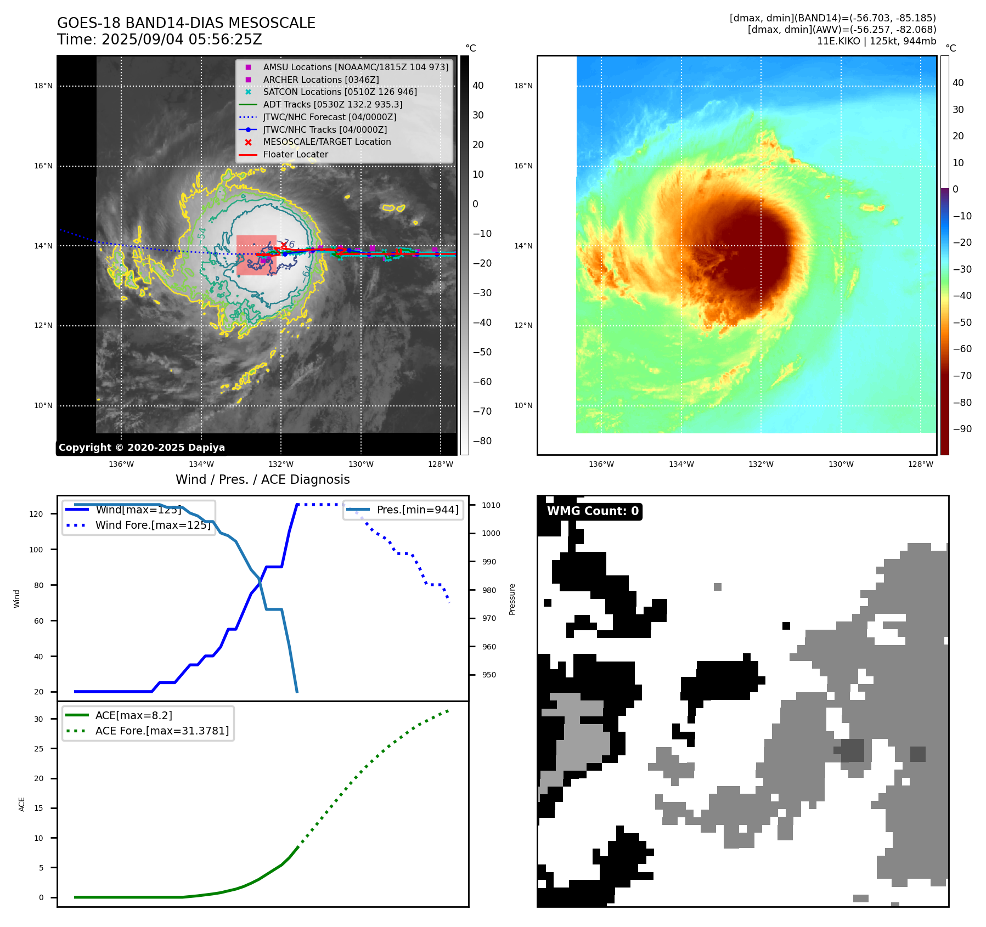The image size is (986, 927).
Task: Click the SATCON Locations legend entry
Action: [340, 92]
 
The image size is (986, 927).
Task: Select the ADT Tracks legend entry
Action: [333, 104]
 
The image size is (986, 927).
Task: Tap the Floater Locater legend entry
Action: [295, 155]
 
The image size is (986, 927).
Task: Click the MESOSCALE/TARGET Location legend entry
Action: [326, 142]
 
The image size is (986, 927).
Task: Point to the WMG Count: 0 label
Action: [593, 511]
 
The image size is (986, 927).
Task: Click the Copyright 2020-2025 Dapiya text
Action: [142, 448]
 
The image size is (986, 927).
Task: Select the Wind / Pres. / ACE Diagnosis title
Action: [262, 479]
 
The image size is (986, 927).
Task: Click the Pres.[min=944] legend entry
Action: [417, 510]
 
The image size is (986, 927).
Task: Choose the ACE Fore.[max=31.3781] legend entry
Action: [162, 731]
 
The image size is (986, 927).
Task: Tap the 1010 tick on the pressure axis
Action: [491, 505]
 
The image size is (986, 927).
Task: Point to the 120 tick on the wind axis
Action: [36, 514]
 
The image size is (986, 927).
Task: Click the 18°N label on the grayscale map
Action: [43, 86]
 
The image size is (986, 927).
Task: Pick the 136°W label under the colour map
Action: [601, 465]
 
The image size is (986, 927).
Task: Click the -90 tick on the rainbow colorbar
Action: [962, 429]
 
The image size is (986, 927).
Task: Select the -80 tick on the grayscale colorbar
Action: [482, 441]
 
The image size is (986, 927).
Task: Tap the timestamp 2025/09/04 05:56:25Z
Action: [182, 40]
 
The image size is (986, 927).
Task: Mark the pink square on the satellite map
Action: [256, 255]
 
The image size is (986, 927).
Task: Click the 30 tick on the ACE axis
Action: [39, 719]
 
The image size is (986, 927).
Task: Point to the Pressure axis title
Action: [512, 599]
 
